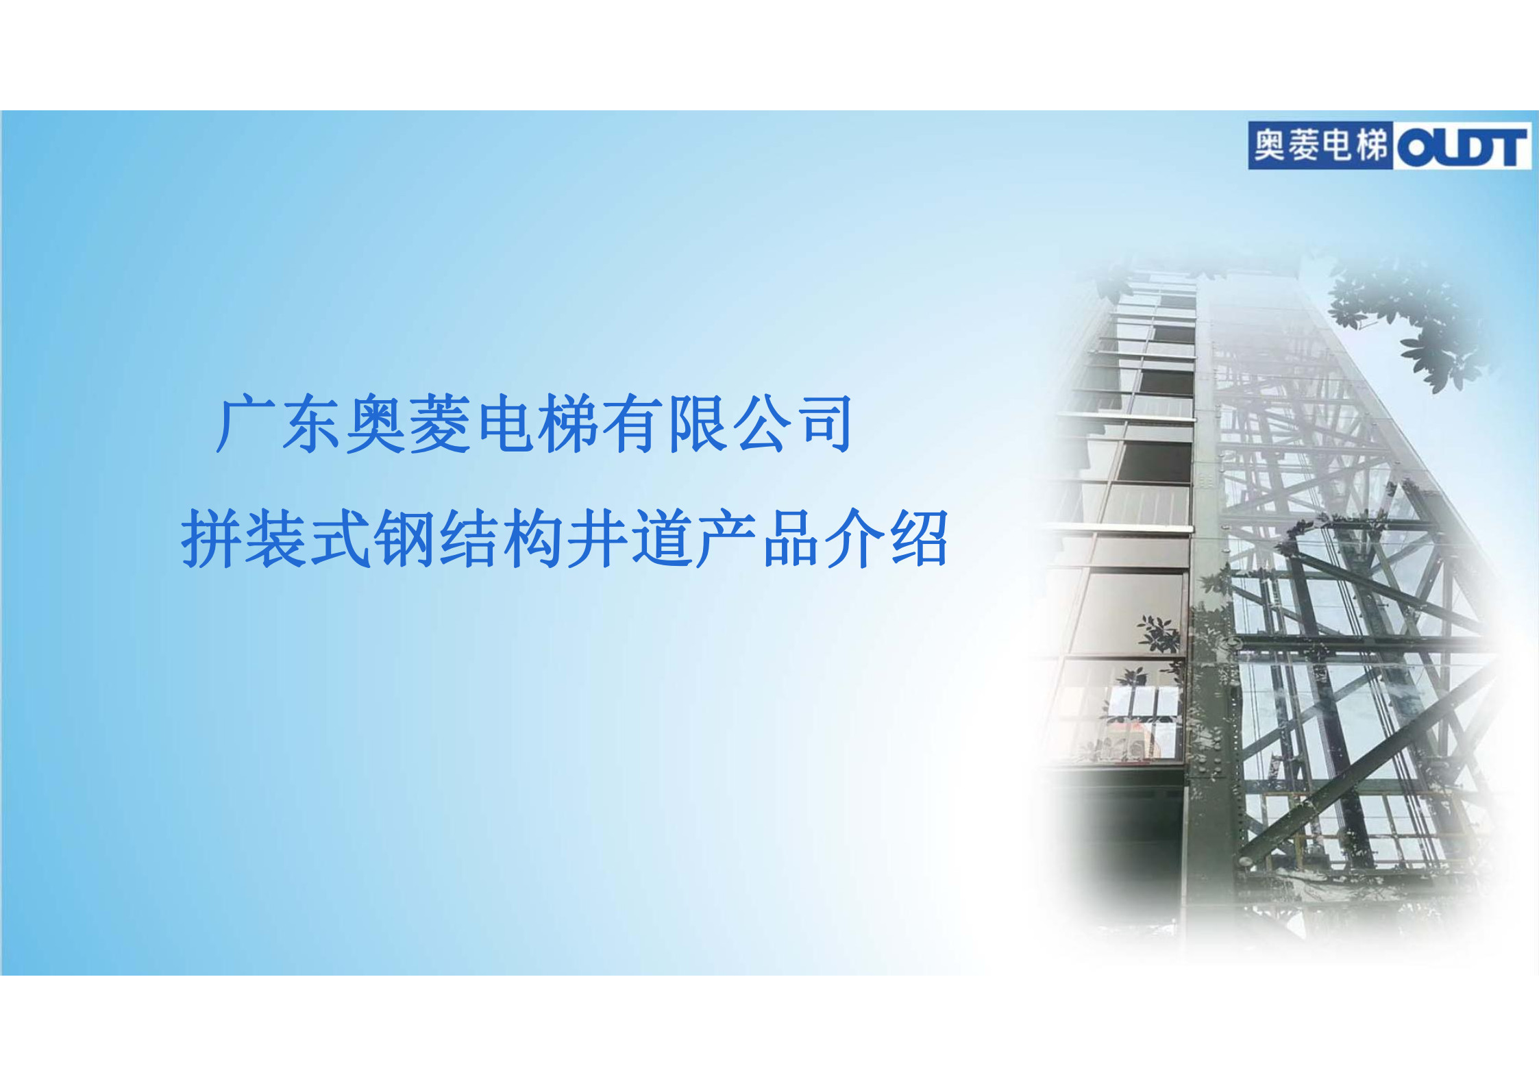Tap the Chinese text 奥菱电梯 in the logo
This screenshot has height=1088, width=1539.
1320,146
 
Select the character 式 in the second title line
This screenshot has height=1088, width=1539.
341,539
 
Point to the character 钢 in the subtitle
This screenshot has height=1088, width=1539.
405,539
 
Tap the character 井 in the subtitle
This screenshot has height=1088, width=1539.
598,539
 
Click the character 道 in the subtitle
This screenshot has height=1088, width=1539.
662,539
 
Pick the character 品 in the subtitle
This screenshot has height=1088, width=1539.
790,539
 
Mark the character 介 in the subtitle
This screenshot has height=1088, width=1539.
854,539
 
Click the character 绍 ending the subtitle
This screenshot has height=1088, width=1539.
919,539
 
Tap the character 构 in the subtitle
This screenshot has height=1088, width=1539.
533,539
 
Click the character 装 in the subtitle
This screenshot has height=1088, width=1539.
275,539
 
